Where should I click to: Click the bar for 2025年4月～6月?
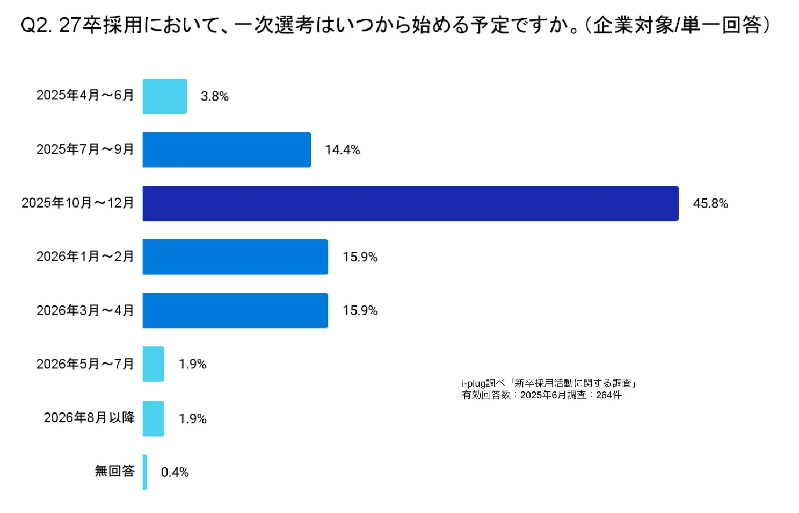coord(164,96)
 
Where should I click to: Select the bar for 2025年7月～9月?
coord(227,149)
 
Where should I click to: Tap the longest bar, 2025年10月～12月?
coord(410,203)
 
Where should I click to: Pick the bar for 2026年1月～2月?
coord(235,257)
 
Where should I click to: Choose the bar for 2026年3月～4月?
coord(235,310)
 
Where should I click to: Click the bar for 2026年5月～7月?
coord(153,364)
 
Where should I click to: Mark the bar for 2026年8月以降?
coord(153,418)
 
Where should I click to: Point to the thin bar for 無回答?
coord(145,472)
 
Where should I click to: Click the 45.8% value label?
coord(710,203)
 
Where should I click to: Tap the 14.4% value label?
coord(342,149)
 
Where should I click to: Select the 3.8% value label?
coord(214,96)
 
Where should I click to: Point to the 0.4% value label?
coord(175,472)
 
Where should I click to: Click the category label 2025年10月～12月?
coord(78,203)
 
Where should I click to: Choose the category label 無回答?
coord(114,471)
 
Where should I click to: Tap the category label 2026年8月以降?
coord(89,417)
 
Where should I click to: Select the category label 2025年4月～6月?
coord(85,95)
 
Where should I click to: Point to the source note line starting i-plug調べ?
coord(549,383)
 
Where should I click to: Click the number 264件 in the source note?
coord(608,395)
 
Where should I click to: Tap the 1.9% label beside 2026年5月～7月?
coord(192,364)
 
